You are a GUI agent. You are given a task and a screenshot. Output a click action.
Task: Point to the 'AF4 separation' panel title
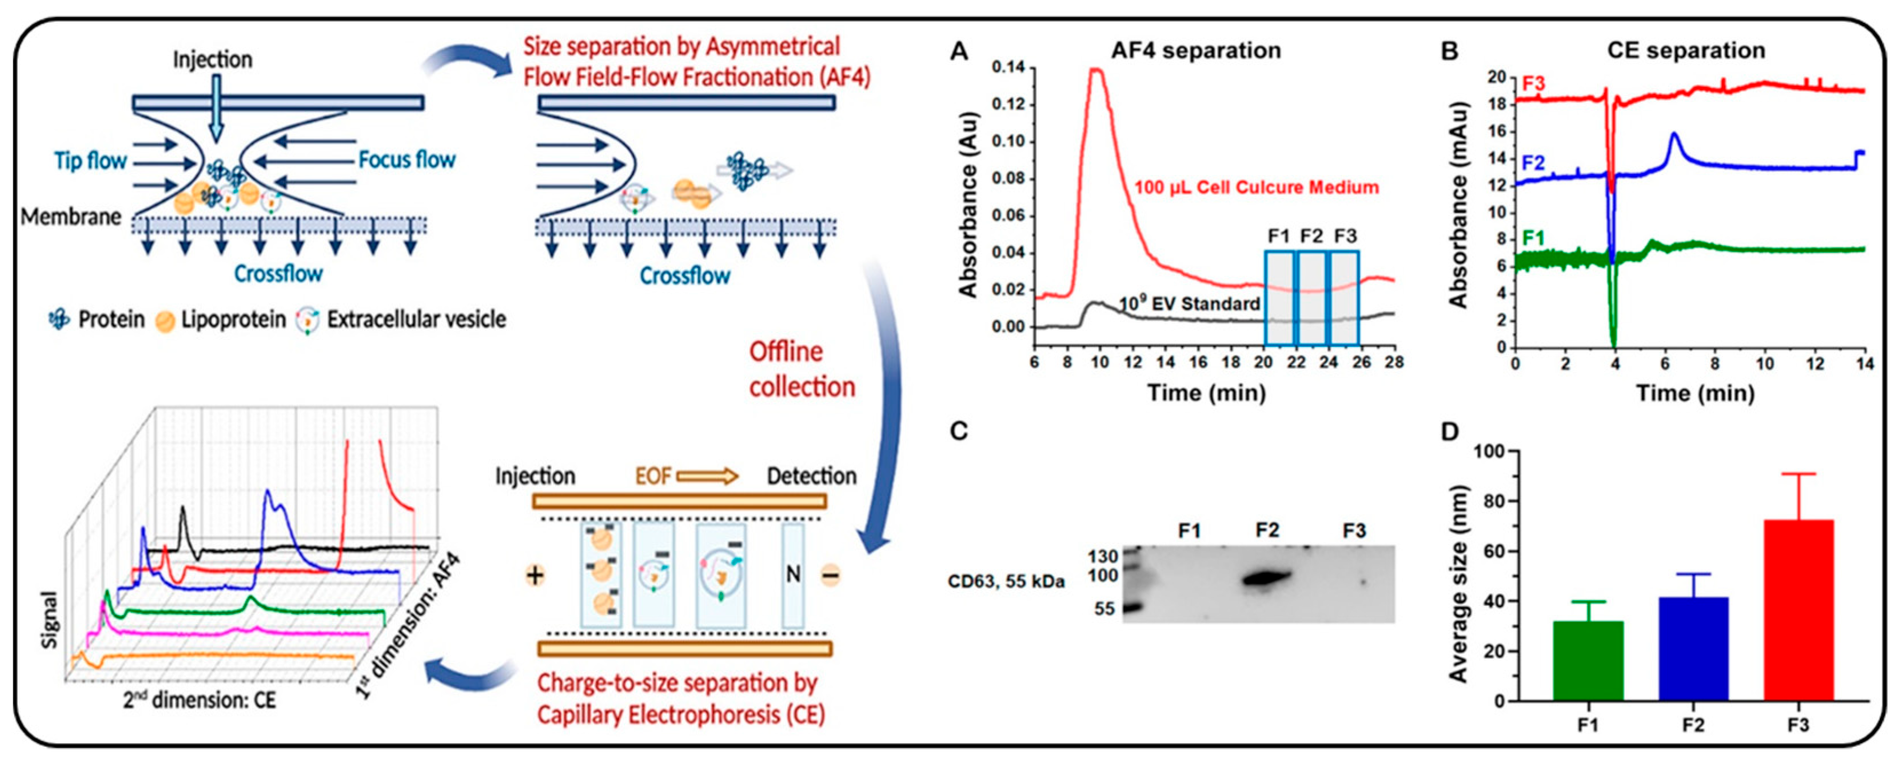1196,50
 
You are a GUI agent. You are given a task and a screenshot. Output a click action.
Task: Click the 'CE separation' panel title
1686,50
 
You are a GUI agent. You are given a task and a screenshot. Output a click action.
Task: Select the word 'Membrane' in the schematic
71,217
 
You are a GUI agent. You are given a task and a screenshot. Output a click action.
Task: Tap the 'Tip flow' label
90,160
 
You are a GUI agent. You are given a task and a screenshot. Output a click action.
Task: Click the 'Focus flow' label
407,159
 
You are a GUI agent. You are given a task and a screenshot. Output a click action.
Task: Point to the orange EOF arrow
707,476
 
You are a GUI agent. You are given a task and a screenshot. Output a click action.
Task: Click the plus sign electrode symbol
535,575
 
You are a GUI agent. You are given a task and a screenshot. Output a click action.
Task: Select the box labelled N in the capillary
793,575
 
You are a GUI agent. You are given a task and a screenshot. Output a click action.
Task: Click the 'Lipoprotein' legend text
233,319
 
